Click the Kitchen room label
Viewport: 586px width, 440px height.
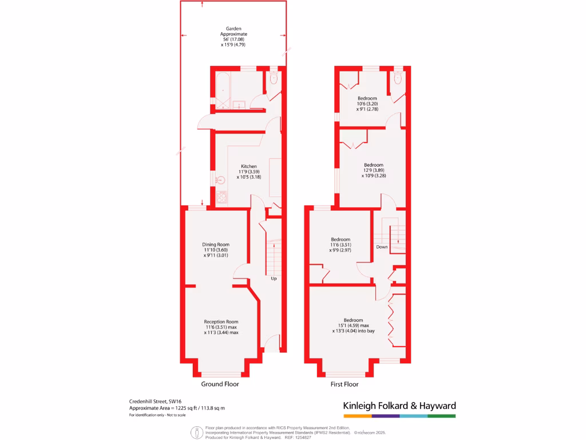pos(248,166)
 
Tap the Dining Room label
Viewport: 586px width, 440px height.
pos(216,244)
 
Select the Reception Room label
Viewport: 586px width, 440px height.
pos(221,321)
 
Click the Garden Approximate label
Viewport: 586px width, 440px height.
pos(233,31)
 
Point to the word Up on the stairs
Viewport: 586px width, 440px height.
pos(274,279)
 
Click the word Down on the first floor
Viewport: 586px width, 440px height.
pos(382,247)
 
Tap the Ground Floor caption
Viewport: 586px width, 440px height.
pos(220,384)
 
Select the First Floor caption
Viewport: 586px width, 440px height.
pos(345,384)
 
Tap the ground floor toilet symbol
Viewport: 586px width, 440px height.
pos(273,77)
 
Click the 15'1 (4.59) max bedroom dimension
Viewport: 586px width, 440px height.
pos(353,325)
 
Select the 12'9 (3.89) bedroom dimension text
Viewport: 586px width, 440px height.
pos(373,171)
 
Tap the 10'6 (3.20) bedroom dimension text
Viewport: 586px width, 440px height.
pos(367,104)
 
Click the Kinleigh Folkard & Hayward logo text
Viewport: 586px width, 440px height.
pos(399,406)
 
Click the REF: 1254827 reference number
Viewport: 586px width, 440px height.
pos(298,437)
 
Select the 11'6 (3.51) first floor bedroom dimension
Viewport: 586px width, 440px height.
pos(340,245)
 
